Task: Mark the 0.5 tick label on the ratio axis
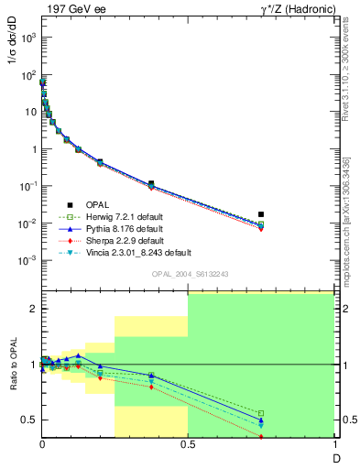click(27, 420)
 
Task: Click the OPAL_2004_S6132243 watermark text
click(188, 274)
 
